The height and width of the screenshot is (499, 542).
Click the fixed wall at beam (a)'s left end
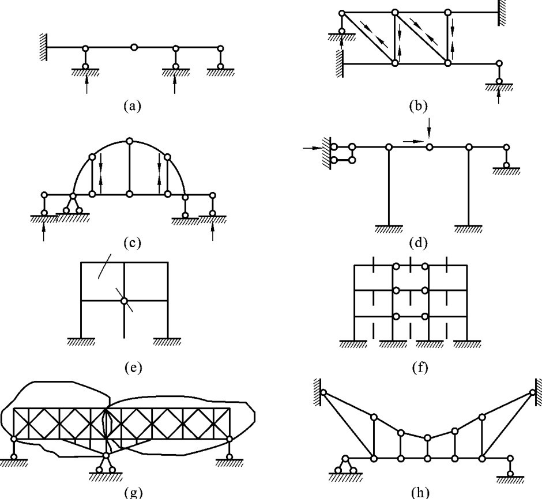[x=43, y=47]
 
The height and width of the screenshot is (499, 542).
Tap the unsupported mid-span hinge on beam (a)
[x=134, y=47]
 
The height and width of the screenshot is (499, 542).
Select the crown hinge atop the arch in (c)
[x=130, y=141]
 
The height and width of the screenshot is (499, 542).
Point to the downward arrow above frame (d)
[x=429, y=124]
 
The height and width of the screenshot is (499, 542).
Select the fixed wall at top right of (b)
[x=502, y=12]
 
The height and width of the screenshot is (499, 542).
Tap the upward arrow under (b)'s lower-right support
[x=499, y=96]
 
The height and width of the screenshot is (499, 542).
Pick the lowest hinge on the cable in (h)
[x=427, y=438]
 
